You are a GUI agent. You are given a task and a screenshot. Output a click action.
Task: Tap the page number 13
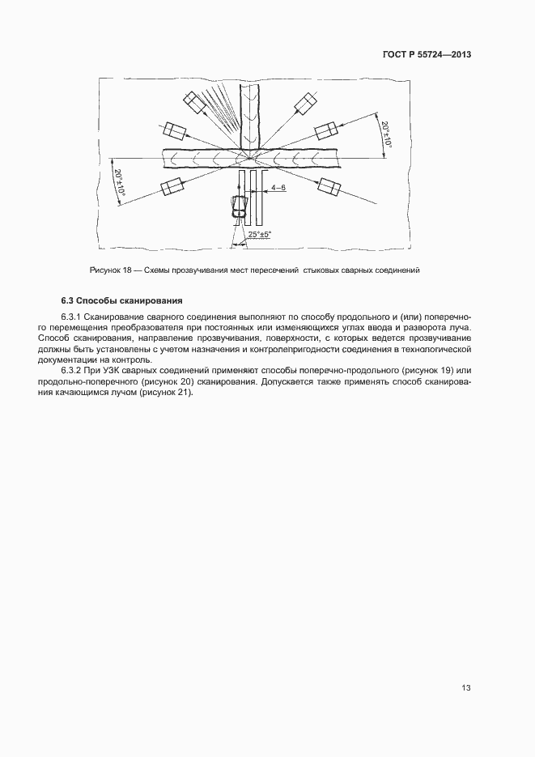pos(465,688)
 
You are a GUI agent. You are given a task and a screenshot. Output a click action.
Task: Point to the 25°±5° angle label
pos(260,234)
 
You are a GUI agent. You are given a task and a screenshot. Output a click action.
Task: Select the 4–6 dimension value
pos(278,188)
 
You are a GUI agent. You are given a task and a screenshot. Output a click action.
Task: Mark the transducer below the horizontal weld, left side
pos(172,186)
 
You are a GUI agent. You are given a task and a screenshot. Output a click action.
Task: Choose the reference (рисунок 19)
pos(421,369)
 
